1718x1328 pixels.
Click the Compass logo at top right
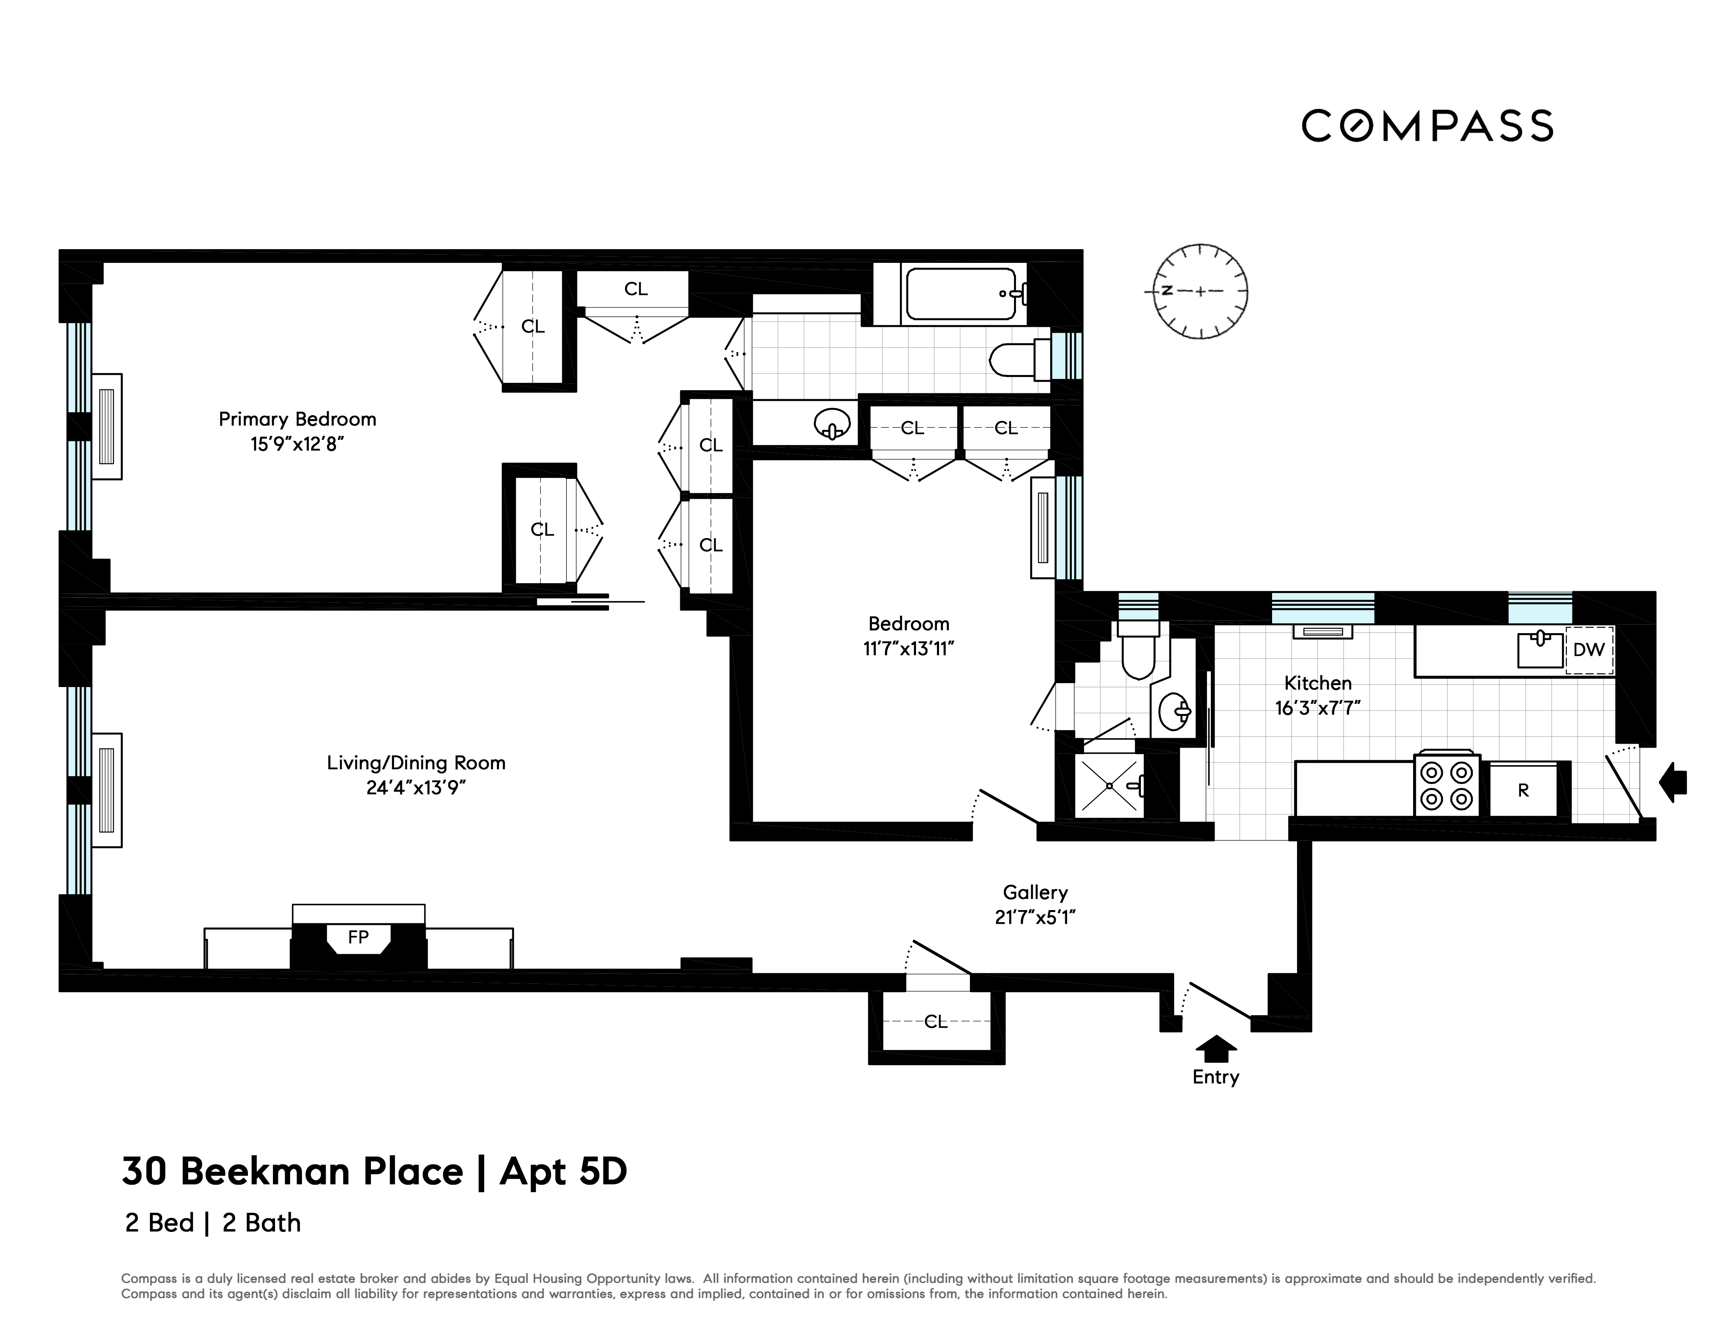[x=1427, y=126]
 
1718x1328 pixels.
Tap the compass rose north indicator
[x=1167, y=290]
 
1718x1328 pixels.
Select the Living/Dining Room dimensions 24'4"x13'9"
[x=416, y=787]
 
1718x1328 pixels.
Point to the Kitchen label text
[x=1319, y=683]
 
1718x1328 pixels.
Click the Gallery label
[x=1035, y=892]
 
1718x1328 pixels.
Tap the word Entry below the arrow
[x=1215, y=1077]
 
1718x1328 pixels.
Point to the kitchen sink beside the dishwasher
[x=1540, y=649]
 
